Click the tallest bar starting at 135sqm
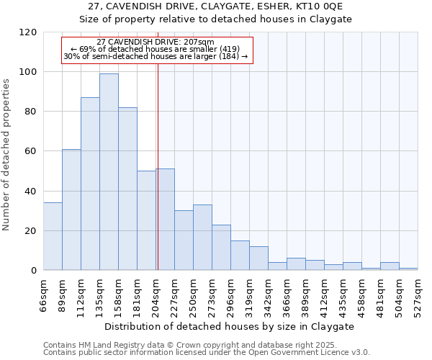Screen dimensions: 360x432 click(109, 172)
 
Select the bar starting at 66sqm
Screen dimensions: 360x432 click(53, 237)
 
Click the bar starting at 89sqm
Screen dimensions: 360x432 click(71, 210)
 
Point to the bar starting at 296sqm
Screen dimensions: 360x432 click(240, 256)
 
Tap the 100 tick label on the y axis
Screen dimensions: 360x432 click(28, 72)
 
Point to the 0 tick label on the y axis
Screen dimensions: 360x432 click(34, 271)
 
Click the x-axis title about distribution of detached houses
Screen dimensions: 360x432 click(230, 326)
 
